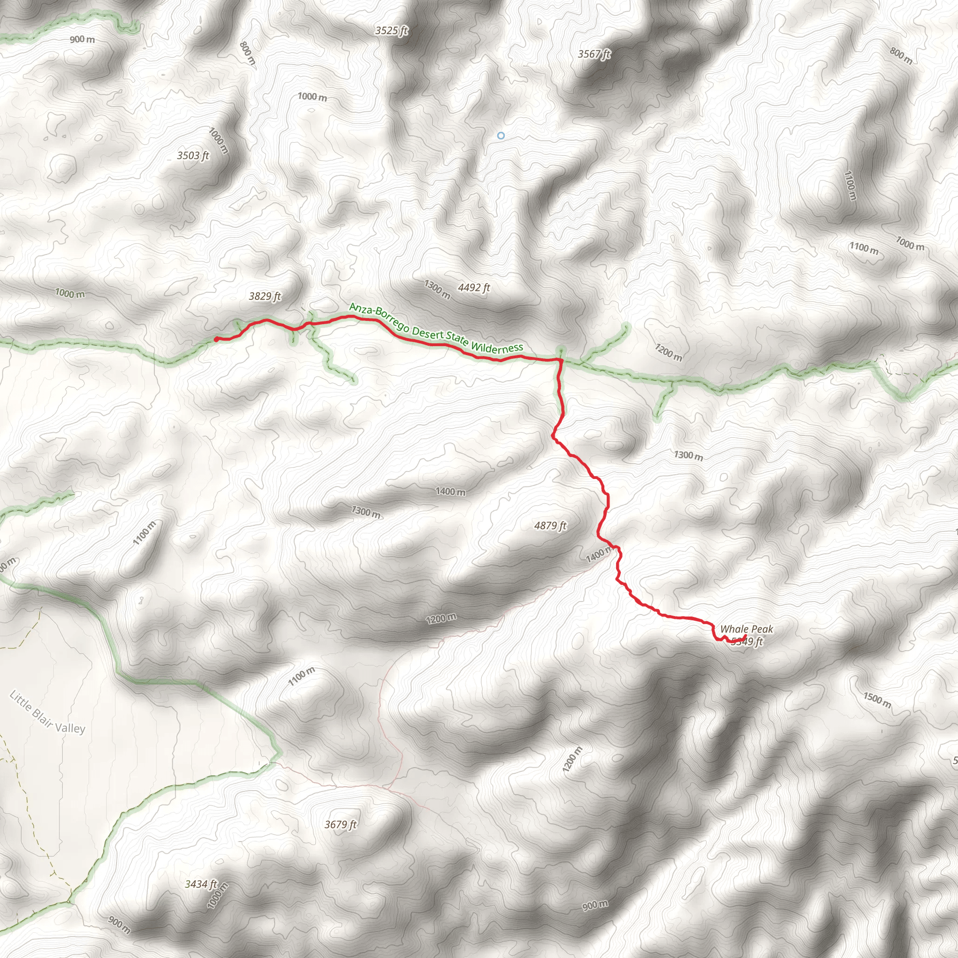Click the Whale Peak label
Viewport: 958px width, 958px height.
746,629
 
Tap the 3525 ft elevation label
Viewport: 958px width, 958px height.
391,31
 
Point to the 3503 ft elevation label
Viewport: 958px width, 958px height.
193,156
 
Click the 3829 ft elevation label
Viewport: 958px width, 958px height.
265,297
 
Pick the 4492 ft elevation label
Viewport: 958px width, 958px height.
473,288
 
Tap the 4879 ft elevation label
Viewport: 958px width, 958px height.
550,526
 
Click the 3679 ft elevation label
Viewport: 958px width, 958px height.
341,825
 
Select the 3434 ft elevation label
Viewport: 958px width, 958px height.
201,884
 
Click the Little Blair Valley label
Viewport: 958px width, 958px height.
48,712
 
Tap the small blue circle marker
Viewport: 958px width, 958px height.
501,135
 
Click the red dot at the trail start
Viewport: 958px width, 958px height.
217,339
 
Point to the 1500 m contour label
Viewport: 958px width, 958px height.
877,700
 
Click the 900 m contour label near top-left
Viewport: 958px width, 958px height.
82,39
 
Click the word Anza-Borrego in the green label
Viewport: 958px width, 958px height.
379,317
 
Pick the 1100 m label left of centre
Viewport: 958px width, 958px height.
144,533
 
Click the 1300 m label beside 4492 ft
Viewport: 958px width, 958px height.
437,290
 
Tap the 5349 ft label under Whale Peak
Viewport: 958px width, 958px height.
747,642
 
